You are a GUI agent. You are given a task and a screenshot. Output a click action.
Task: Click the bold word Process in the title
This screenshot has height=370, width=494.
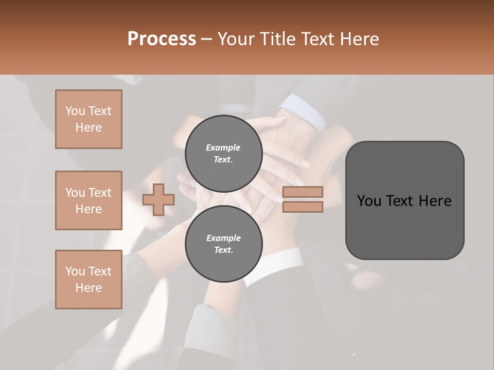162,39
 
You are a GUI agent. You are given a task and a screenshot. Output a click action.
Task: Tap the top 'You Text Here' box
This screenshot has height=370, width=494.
89,119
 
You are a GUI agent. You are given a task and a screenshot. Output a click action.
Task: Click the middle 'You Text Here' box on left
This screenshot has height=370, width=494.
89,200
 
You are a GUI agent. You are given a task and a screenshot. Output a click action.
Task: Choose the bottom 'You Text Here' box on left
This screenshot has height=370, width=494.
89,280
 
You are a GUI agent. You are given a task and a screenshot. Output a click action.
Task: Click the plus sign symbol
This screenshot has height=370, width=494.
158,199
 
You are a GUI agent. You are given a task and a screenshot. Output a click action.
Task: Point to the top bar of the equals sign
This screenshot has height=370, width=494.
303,192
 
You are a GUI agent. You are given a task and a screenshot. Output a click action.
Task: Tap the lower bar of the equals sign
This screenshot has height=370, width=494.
303,207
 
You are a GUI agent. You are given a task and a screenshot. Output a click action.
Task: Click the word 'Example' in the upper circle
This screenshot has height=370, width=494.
223,148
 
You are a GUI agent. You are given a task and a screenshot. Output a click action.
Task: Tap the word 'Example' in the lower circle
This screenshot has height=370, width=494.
223,238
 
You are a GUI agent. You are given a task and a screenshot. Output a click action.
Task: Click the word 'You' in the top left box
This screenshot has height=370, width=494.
75,111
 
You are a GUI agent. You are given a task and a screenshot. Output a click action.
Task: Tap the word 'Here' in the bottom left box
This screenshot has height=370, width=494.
89,288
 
